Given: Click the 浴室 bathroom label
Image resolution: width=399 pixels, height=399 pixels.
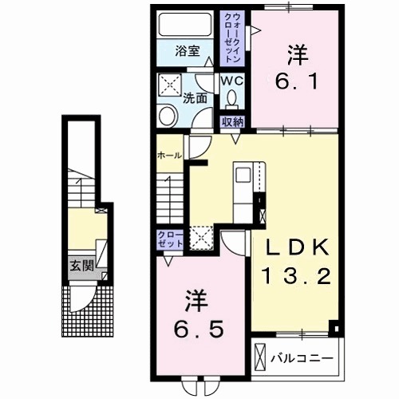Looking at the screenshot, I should (x=188, y=50).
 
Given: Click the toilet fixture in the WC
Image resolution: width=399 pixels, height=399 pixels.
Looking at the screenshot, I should (x=231, y=98).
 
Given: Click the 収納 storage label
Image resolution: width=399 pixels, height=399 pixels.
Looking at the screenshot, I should (x=233, y=122).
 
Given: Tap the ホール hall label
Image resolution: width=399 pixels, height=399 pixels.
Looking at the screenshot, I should (x=168, y=154).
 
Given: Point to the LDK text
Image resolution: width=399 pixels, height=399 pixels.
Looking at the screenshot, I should (x=298, y=247).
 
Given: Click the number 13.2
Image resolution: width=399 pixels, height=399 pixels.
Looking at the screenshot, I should (x=297, y=277).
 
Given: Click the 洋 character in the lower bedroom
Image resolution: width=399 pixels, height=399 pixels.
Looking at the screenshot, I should (x=196, y=301).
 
